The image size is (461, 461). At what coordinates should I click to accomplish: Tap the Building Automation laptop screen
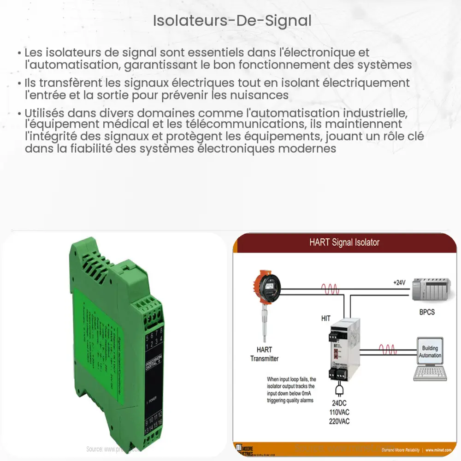pyautogui.click(x=430, y=352)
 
